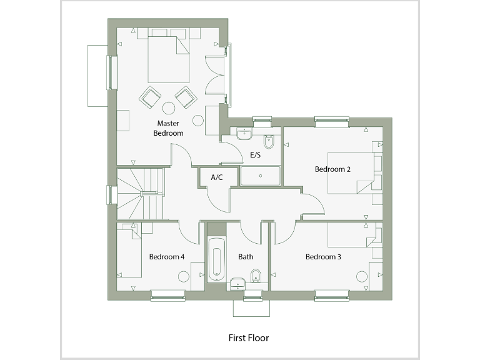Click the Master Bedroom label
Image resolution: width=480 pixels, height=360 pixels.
pos(169,128)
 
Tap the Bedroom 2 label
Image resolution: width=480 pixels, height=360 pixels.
pos(332,169)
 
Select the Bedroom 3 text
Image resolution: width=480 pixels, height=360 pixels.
pos(323,257)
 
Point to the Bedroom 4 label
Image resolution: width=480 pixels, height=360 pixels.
pos(167,257)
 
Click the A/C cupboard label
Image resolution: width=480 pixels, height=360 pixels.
pos(217,177)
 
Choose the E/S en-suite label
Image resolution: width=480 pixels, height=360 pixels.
pos(255,154)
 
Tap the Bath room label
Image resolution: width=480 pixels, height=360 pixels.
pos(246,257)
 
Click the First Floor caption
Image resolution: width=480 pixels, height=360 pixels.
pos(248,338)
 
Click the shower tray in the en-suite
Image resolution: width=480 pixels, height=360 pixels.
pos(260,176)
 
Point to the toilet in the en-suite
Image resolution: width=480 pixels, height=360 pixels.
pos(269,141)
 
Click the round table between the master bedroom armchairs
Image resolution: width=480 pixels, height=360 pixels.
pos(169,107)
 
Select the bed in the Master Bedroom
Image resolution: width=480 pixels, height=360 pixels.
pos(169,59)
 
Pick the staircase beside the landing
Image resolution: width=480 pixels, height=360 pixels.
pos(141,194)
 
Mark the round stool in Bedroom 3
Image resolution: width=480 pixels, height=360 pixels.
pos(361,276)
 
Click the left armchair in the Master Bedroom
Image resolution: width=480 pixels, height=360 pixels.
pos(151,97)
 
